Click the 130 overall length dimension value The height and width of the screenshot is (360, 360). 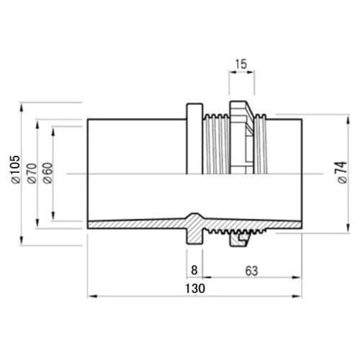[195, 288]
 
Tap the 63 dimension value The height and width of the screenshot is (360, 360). [251, 271]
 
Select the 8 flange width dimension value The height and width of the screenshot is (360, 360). [194, 270]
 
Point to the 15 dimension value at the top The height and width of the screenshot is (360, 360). [241, 64]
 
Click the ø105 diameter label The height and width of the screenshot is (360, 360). [16, 169]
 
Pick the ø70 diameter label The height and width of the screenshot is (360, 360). [32, 174]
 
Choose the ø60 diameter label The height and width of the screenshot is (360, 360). [48, 173]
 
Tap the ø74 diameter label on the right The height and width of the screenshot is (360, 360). [342, 173]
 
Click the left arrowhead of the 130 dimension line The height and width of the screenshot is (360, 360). [92, 296]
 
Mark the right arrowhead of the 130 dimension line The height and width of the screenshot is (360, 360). [297, 296]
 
